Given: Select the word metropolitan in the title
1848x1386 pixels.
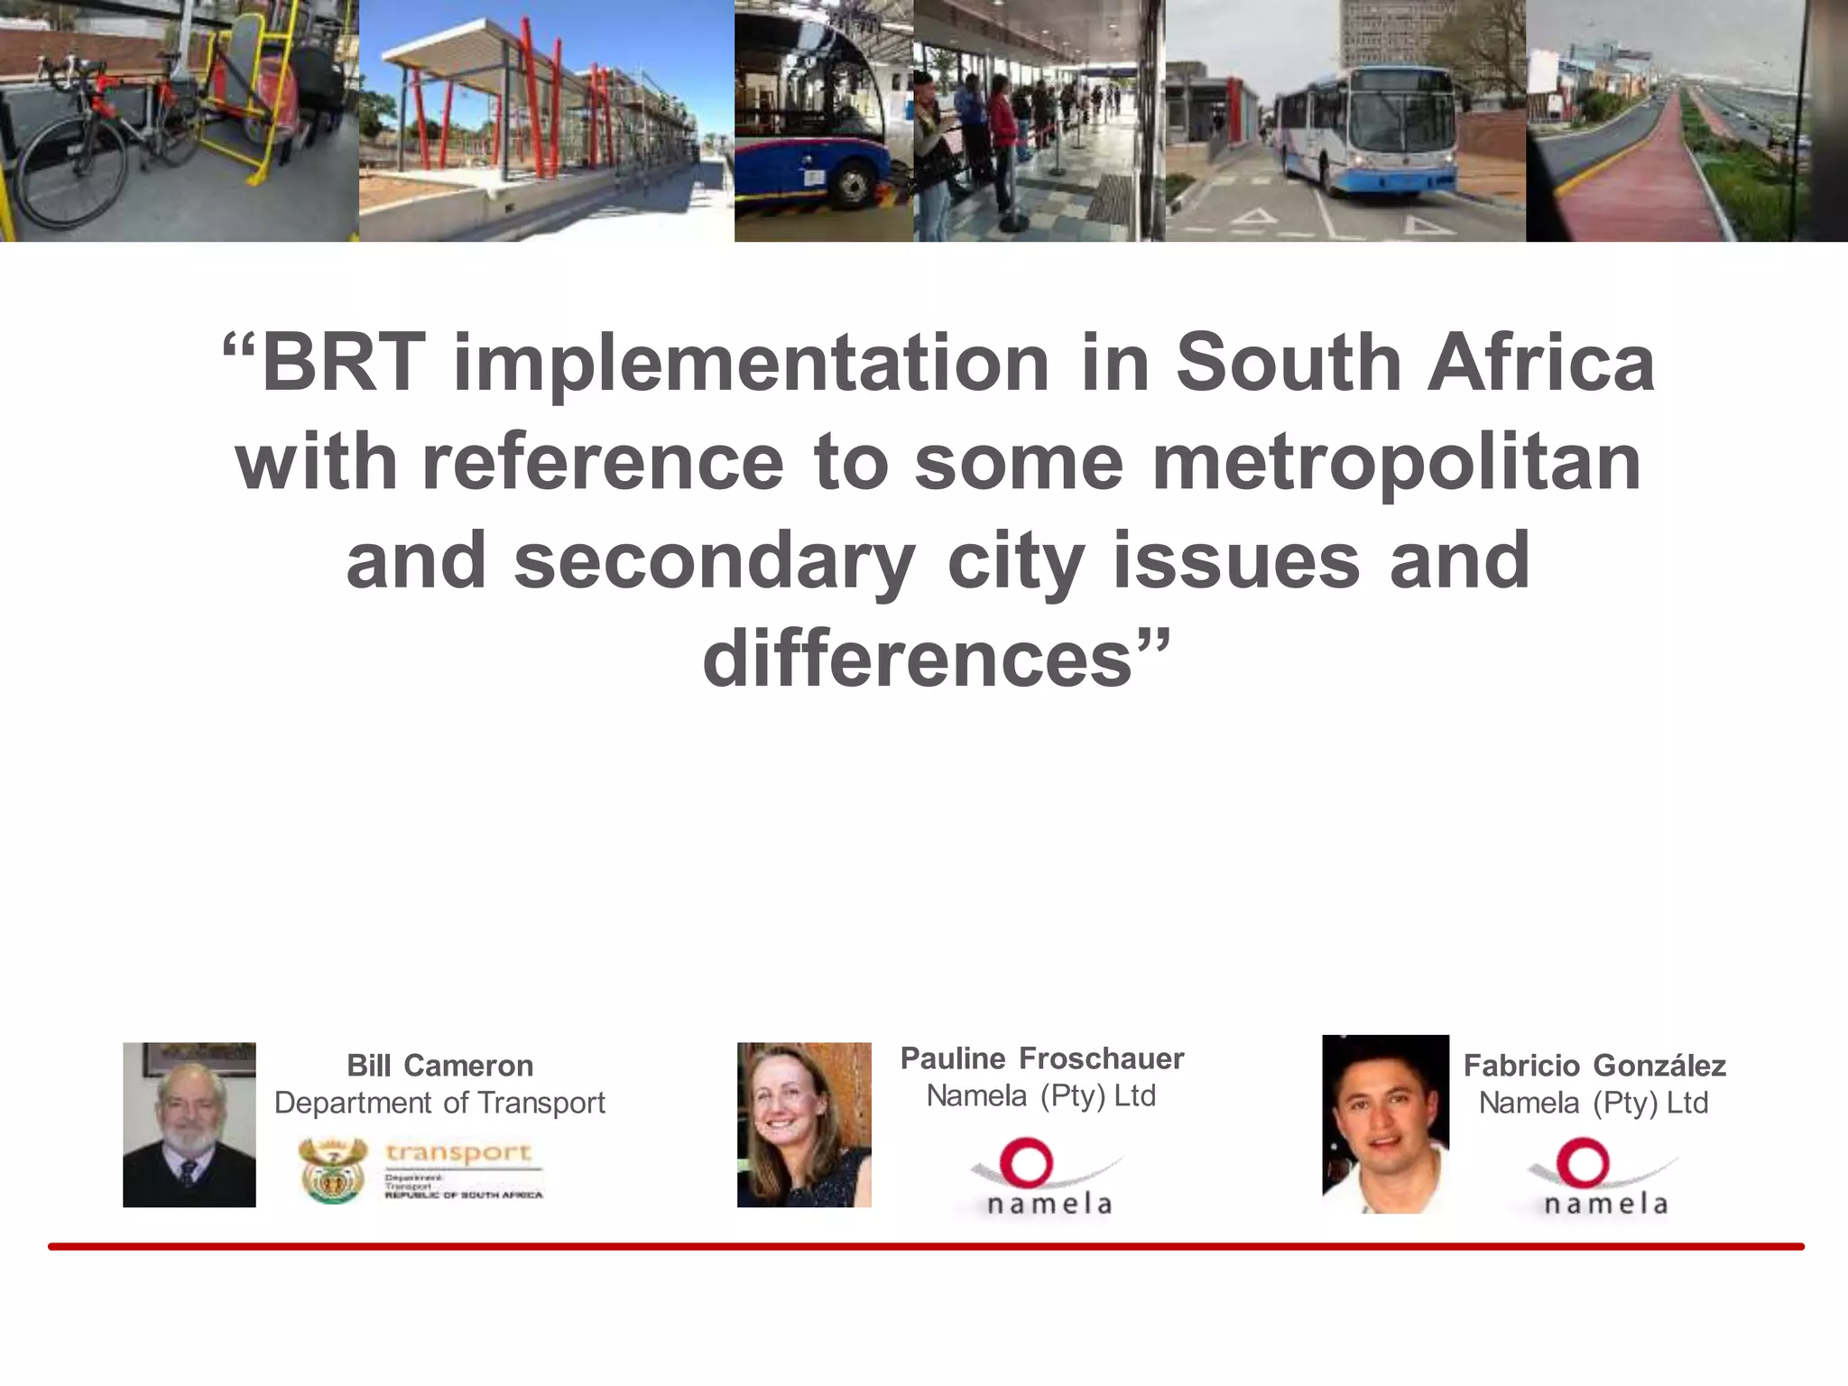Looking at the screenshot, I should tap(1396, 463).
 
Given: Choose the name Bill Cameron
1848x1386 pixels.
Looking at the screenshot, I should tap(440, 1066).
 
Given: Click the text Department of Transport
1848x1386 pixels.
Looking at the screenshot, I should tap(439, 1103).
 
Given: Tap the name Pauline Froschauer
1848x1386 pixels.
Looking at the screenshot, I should tap(1042, 1058).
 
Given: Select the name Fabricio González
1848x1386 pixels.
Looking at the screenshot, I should tap(1594, 1066).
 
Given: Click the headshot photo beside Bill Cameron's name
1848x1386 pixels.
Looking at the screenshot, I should tap(189, 1125).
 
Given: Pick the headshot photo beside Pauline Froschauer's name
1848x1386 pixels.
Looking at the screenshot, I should tap(804, 1125).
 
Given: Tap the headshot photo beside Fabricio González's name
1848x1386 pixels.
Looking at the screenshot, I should tap(1386, 1124).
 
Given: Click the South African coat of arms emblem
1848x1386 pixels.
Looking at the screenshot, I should tap(333, 1170).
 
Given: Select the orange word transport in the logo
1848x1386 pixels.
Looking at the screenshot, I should tap(458, 1152).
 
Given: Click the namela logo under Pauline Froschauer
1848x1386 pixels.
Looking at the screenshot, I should tap(1047, 1178).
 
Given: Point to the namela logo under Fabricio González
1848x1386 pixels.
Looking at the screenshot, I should tap(1603, 1178).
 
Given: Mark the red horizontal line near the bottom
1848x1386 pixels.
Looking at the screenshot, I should tap(926, 1247).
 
